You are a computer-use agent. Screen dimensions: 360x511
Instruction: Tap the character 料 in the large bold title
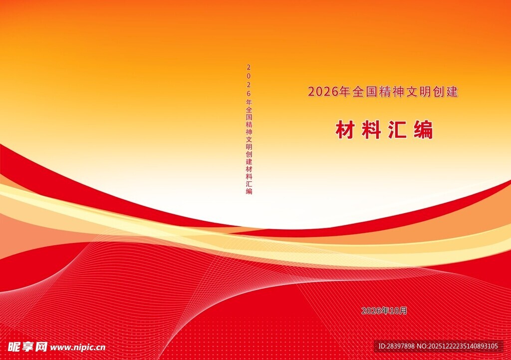click(x=371, y=130)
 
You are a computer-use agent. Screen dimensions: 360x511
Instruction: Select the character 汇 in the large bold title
click(x=397, y=130)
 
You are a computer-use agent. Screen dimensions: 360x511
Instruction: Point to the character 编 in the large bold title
click(x=423, y=130)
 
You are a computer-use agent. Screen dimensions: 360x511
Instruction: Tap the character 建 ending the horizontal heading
click(x=452, y=92)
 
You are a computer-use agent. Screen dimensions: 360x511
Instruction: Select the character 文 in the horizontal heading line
click(x=410, y=92)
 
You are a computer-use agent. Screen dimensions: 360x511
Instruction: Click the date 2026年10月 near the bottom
click(x=384, y=311)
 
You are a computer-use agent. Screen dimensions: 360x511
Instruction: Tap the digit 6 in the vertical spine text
click(x=249, y=93)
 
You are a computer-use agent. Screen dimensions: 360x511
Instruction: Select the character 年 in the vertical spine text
click(x=249, y=102)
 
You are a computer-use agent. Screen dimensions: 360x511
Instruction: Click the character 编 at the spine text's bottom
click(x=249, y=191)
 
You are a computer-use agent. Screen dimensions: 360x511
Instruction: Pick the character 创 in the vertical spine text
click(x=249, y=154)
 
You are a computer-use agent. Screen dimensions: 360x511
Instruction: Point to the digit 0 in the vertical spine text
click(x=249, y=75)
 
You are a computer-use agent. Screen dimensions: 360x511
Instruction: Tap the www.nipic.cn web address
click(x=78, y=347)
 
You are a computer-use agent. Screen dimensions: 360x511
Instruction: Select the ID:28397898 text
click(x=396, y=346)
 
